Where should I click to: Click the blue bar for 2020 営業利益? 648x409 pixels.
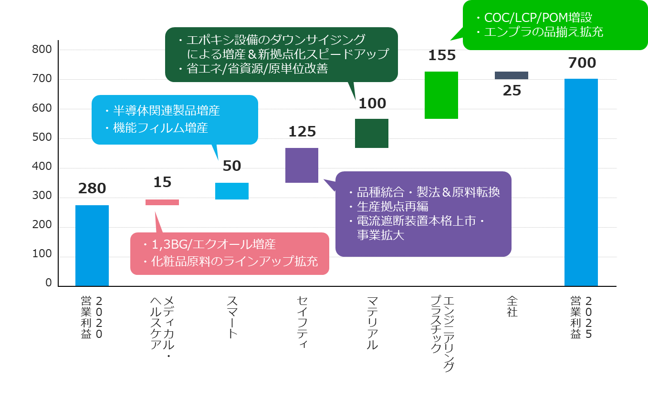[92, 245]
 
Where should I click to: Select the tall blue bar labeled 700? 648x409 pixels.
[581, 182]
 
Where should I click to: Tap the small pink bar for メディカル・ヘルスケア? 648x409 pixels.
[162, 202]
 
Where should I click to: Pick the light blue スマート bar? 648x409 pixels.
[232, 191]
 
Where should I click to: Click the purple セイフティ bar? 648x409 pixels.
[302, 165]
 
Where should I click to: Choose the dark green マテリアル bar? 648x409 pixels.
[372, 133]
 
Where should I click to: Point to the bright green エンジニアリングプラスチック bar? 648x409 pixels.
[441, 95]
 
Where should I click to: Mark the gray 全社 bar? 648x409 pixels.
[511, 75]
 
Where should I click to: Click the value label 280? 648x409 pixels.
[92, 189]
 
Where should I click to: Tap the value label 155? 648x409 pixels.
[442, 55]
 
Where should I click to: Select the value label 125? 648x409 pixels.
[302, 132]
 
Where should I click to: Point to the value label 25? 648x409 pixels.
[512, 90]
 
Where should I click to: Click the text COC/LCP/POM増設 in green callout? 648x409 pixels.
[538, 18]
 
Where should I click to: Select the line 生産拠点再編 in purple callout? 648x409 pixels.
[392, 207]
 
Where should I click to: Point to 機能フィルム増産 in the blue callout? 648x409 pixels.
[160, 128]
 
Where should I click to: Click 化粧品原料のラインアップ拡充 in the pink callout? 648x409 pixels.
[234, 262]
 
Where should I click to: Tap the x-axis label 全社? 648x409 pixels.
[512, 306]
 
